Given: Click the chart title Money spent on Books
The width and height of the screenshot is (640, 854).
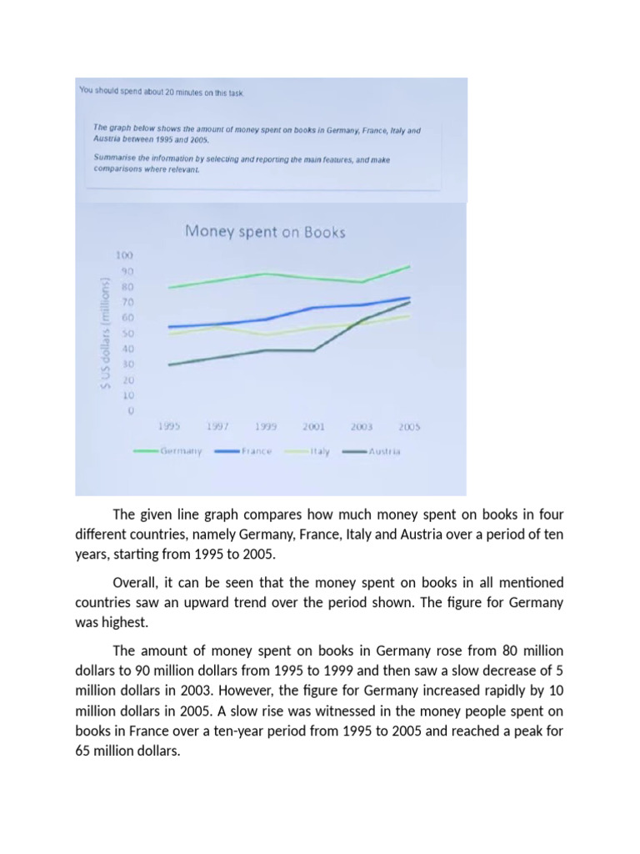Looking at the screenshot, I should [x=264, y=232].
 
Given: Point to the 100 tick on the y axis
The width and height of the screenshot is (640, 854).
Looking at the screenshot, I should [x=122, y=255].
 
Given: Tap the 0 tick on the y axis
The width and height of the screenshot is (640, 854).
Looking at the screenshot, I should [x=129, y=411].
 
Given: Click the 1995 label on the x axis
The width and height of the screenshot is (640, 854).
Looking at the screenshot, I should [x=170, y=426].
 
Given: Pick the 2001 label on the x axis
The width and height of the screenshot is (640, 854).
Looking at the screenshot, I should [x=312, y=426].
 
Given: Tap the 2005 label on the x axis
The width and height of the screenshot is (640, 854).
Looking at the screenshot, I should [x=408, y=426].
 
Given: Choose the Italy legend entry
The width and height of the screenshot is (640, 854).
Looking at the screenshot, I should [x=320, y=452].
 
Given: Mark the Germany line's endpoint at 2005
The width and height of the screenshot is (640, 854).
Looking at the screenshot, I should [x=409, y=267].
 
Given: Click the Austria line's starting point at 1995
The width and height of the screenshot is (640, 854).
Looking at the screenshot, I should [x=169, y=364].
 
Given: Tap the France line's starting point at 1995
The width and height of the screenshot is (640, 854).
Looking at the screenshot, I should [x=169, y=327].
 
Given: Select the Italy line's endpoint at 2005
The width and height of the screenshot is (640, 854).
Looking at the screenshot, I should [x=409, y=316].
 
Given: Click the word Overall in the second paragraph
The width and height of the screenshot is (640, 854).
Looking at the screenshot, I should [x=136, y=581].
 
